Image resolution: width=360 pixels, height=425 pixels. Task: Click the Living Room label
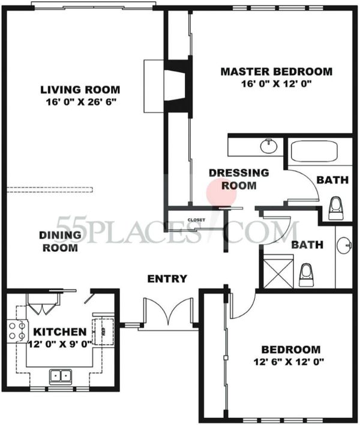[x=80, y=89]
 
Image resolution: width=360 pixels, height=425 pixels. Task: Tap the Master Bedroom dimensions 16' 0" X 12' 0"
[x=276, y=84]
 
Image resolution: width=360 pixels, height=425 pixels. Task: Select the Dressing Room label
[x=239, y=179]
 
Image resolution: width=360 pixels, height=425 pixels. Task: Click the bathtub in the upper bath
[x=314, y=151]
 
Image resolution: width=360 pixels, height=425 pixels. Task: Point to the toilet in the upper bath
[x=336, y=209]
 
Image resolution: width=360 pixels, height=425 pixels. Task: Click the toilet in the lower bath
[x=306, y=275]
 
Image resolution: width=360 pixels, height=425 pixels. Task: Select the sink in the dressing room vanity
[x=269, y=146]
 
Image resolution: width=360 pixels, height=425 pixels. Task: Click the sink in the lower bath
[x=344, y=245]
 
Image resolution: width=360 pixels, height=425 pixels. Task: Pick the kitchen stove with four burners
[x=17, y=331]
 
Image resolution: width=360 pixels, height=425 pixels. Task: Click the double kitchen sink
[x=61, y=376]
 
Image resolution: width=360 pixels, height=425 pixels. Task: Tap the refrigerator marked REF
[x=103, y=331]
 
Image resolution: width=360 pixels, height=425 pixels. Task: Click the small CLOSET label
[x=196, y=220]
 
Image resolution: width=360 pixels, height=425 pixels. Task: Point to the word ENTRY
[x=167, y=279]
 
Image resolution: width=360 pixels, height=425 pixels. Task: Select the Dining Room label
[x=60, y=241]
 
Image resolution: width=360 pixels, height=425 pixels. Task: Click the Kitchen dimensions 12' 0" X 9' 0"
[x=61, y=344]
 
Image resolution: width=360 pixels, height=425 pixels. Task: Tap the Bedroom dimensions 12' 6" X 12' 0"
[x=289, y=361]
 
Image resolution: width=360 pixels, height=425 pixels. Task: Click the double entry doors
[x=169, y=312]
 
